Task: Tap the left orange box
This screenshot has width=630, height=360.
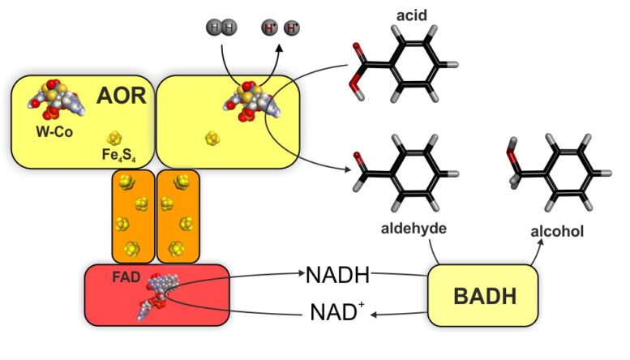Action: tap(132, 216)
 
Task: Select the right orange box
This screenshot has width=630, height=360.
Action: tap(178, 216)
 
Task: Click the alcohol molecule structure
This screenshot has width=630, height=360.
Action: tap(555, 167)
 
